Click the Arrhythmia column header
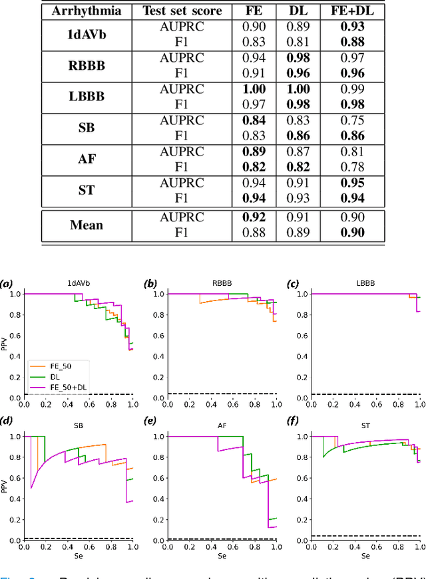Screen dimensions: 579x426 coord(83,11)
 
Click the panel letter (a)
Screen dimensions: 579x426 coord(7,283)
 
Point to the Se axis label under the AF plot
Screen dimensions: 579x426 coord(222,573)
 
